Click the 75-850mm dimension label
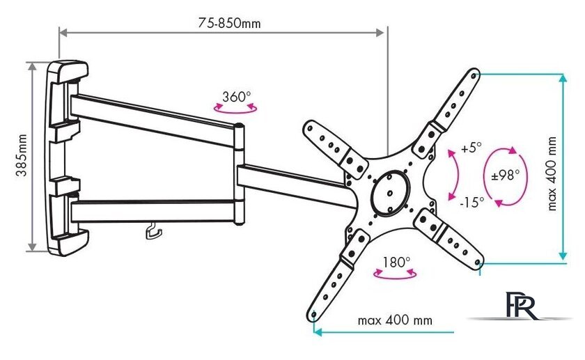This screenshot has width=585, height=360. click(229, 23)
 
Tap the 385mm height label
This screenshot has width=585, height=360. click(22, 155)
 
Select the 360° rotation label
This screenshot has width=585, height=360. click(237, 97)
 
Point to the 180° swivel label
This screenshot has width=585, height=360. click(396, 263)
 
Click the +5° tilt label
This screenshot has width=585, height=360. click(471, 148)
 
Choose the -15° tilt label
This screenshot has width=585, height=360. click(472, 202)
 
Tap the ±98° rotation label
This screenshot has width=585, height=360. click(505, 175)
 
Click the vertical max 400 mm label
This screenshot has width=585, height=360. click(552, 174)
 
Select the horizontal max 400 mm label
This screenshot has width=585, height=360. click(395, 320)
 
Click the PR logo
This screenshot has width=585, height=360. click(522, 305)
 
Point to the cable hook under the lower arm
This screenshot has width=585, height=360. click(153, 230)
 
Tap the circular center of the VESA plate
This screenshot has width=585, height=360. click(390, 193)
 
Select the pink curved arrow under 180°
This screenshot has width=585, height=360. click(395, 276)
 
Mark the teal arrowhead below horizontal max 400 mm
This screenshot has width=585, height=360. click(317, 331)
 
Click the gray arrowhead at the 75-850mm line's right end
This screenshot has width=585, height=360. click(380, 33)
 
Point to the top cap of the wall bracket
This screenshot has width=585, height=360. click(69, 72)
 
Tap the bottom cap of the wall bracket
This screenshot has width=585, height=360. click(69, 243)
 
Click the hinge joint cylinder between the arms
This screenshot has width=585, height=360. click(239, 175)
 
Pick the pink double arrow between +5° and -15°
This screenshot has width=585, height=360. click(457, 175)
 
